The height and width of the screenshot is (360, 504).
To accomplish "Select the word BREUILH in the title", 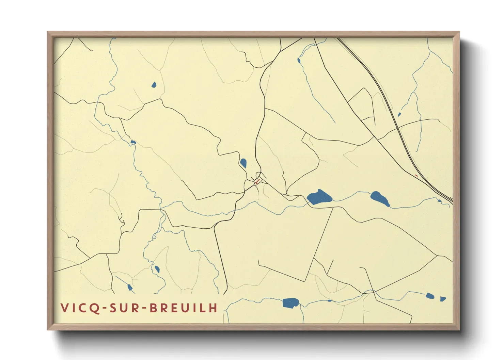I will [x=184, y=308].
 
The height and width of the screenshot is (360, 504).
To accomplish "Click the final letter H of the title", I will [x=214, y=308].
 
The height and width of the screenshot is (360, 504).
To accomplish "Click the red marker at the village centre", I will [x=257, y=181].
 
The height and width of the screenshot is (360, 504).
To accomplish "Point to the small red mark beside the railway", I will [x=416, y=176].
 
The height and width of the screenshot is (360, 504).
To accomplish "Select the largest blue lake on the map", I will [x=319, y=197].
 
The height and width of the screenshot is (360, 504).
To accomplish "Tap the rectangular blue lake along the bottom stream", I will [x=290, y=302].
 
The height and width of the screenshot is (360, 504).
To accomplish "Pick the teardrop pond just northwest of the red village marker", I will [x=243, y=163].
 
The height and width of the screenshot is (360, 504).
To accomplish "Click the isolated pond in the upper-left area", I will [x=154, y=84].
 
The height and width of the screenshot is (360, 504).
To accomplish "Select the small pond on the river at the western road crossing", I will [x=133, y=142].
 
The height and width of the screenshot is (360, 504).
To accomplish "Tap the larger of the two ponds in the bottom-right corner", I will [x=430, y=296].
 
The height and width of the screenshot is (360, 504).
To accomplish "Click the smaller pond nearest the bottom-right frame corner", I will [x=443, y=299].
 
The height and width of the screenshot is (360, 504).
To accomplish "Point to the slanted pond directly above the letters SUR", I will [x=129, y=287].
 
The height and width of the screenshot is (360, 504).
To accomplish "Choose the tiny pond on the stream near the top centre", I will [x=299, y=61].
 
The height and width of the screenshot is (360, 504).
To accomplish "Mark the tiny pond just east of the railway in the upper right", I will [x=399, y=115].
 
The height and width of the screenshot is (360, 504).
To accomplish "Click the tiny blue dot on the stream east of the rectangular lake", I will [x=329, y=301].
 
